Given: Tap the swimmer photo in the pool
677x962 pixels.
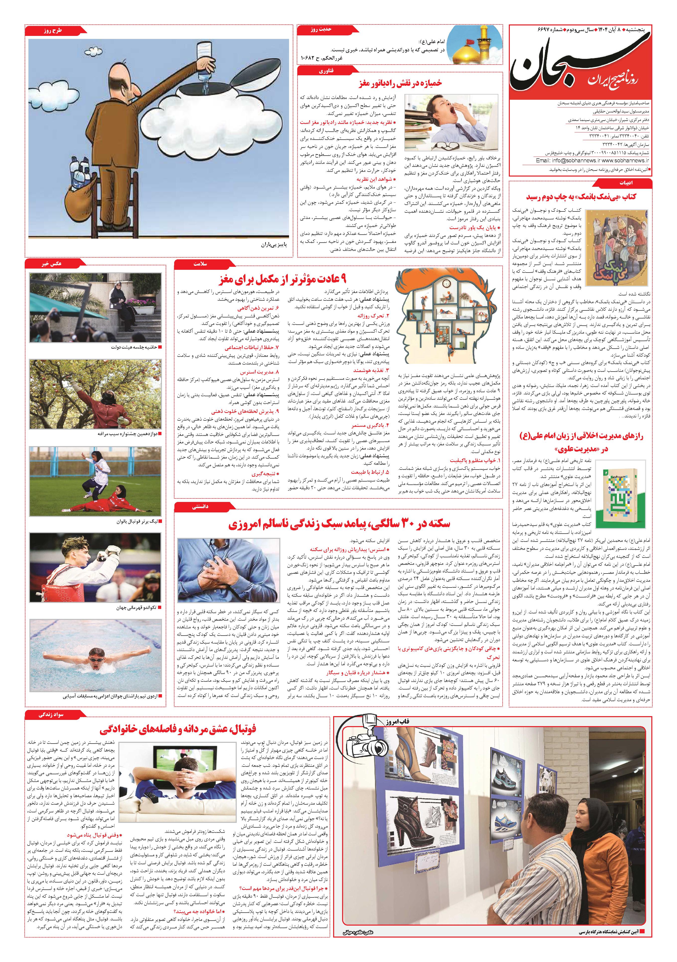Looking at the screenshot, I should point(95,656).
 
